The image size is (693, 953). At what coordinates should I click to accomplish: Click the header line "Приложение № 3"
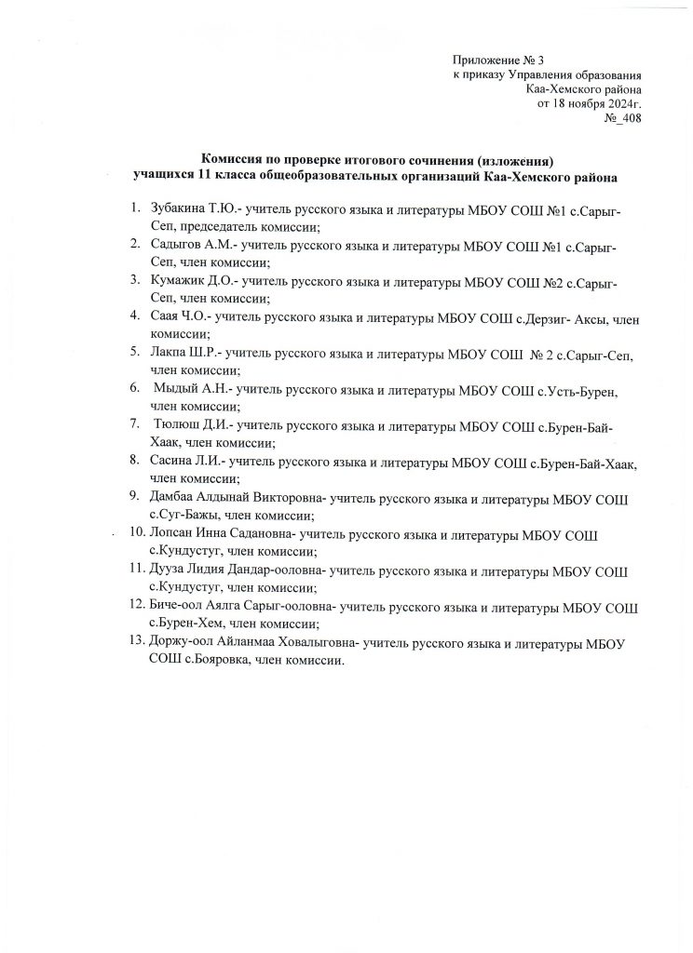tap(497, 60)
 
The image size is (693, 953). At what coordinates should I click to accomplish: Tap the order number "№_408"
tap(622, 118)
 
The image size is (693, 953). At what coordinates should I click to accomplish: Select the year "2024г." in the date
tap(621, 103)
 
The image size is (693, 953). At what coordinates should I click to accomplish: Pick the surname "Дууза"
tap(169, 570)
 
